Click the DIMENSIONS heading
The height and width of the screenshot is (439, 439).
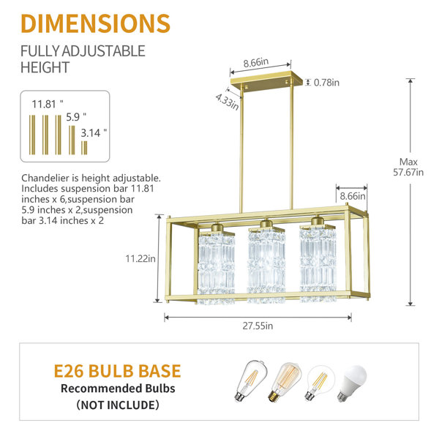(x=95, y=23)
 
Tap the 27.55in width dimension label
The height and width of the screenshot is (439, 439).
(x=258, y=326)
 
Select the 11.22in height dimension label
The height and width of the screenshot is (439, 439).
(x=140, y=258)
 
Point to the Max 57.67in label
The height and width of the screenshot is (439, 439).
(x=408, y=167)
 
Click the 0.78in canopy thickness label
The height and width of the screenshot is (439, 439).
(x=326, y=83)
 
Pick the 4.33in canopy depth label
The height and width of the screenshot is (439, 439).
(x=227, y=102)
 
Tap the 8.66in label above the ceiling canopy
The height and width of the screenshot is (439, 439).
(x=255, y=63)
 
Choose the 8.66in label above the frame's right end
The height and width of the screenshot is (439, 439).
(x=353, y=196)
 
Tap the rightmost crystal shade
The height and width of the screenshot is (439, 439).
(x=318, y=263)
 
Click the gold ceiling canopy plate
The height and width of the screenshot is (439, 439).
(x=266, y=81)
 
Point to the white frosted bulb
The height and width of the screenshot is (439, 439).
(x=352, y=383)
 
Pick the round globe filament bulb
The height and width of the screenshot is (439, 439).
(x=320, y=382)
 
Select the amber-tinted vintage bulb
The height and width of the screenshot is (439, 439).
(x=285, y=382)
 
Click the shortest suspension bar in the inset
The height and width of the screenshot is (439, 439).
(x=84, y=148)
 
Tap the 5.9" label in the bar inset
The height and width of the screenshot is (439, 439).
(x=76, y=117)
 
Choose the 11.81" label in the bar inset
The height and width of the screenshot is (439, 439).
(x=48, y=104)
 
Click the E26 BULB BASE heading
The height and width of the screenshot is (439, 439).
(x=117, y=371)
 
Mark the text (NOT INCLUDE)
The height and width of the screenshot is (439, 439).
(x=118, y=405)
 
